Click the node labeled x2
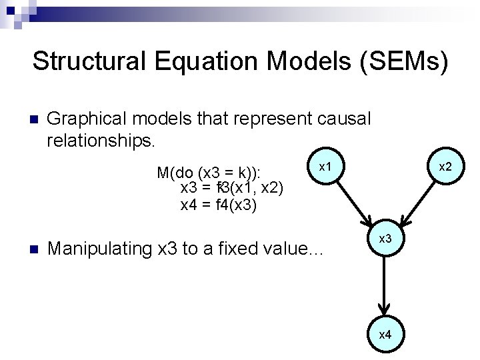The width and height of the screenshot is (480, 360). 445,165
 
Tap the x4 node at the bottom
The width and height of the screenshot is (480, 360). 385,334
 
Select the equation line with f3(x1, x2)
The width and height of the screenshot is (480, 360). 233,189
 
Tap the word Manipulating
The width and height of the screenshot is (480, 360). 100,249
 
